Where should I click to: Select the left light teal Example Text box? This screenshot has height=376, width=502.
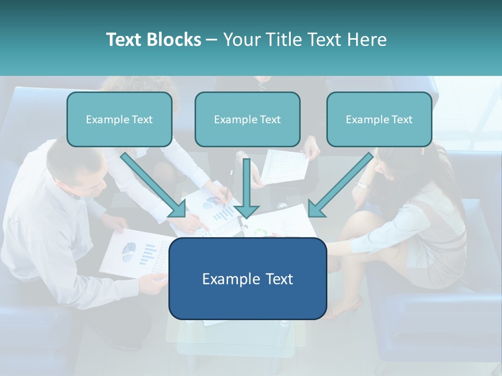[119, 119]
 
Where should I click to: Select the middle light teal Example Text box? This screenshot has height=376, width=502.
[247, 119]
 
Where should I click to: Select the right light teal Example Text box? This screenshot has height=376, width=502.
[379, 119]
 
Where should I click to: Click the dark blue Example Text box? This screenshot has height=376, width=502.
[247, 278]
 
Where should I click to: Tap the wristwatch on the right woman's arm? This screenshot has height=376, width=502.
[362, 184]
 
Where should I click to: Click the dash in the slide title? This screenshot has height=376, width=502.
[212, 40]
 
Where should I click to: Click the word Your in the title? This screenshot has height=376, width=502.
[241, 40]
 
